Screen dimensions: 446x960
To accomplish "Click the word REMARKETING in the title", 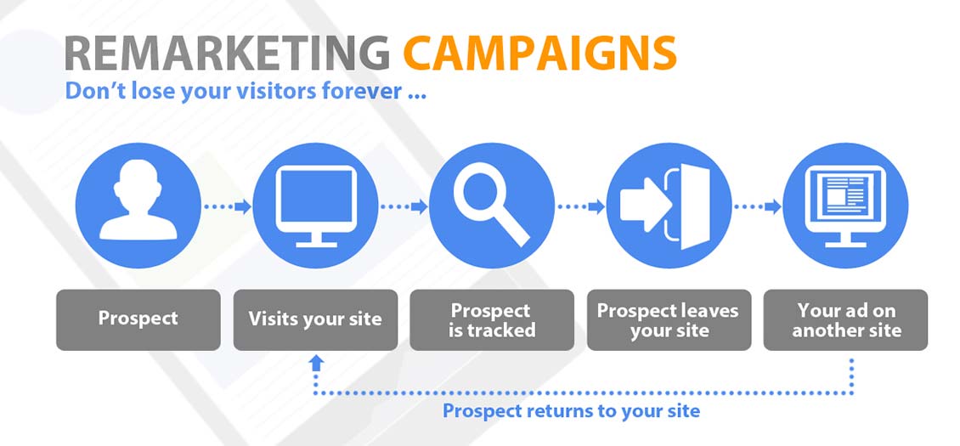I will (x=227, y=53).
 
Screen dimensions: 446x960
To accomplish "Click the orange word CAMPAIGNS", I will (x=539, y=53).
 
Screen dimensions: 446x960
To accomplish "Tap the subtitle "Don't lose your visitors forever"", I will (x=245, y=90).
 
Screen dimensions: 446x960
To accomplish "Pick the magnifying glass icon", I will (x=491, y=205).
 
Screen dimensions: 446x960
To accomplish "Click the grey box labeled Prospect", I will (x=138, y=319).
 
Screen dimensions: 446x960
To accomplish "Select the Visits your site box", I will (x=315, y=319).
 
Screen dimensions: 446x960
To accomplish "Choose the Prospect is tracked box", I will (x=492, y=319).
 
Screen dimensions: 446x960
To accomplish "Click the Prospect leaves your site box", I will (x=669, y=319).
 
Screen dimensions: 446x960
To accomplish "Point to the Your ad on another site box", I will (x=845, y=319).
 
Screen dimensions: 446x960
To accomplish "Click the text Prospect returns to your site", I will (x=571, y=411).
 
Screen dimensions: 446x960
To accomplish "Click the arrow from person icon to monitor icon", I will (x=227, y=206).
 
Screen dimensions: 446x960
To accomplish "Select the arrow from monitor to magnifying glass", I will (x=404, y=206).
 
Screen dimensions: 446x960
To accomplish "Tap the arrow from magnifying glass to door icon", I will (x=580, y=206).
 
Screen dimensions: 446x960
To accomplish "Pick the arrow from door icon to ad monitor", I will (x=757, y=206).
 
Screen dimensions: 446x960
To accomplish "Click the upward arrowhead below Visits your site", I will (x=316, y=363).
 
